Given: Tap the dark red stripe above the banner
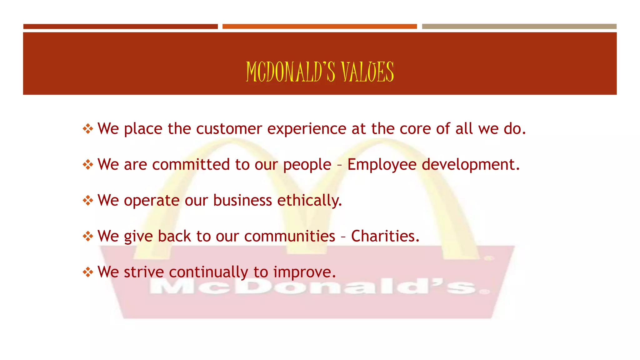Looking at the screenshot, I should (x=120, y=27).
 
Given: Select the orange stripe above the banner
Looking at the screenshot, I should (x=319, y=27).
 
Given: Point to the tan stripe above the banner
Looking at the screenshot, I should (x=519, y=27).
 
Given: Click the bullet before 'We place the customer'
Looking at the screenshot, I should (x=88, y=129).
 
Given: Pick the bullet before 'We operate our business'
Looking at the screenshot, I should (x=88, y=200).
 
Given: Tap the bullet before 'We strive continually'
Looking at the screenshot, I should (x=88, y=272).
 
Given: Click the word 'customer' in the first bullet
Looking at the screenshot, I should (x=229, y=129).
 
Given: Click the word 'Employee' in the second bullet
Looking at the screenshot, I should (x=382, y=165).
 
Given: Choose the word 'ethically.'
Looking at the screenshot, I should (x=309, y=200).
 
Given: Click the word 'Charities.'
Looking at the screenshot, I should (x=385, y=236).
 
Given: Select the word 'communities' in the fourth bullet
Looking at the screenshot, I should (x=290, y=236).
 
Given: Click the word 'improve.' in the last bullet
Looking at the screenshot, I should (x=304, y=272).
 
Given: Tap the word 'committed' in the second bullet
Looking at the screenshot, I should (x=191, y=164).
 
